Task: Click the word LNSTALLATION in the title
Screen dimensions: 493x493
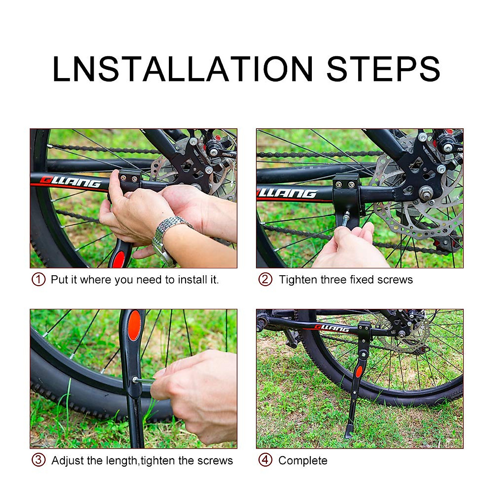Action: point(182,69)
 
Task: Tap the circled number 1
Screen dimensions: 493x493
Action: point(38,279)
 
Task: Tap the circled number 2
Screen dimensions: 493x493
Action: point(265,279)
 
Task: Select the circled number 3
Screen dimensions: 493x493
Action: point(38,460)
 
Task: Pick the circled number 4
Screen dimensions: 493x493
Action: point(265,460)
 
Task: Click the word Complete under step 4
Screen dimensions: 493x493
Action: point(303,461)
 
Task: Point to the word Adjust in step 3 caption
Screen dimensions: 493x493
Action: point(67,461)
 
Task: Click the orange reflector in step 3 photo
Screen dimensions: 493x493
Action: point(134,325)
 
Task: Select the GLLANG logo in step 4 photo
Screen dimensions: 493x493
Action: point(332,328)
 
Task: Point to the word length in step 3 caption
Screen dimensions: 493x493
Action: point(122,461)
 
